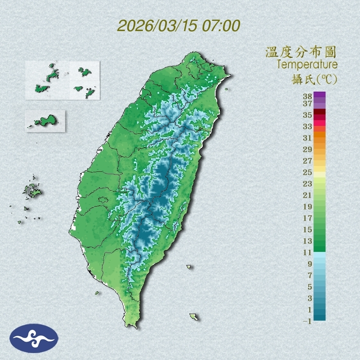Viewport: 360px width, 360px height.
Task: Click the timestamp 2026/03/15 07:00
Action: (178, 26)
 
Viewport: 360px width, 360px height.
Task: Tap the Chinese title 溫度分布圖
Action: (301, 52)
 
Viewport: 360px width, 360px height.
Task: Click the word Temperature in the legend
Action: (307, 65)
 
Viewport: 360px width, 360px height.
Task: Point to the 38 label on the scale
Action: (308, 97)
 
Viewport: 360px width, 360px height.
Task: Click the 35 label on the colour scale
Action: (308, 115)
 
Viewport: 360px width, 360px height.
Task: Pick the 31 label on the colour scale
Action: (308, 137)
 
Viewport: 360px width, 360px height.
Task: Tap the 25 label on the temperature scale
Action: (308, 172)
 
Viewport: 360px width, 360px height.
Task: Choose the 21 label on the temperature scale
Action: (308, 195)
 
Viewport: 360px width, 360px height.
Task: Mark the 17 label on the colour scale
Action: (308, 218)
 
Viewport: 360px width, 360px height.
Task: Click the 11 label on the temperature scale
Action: (308, 253)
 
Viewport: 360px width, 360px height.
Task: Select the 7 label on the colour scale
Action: (310, 275)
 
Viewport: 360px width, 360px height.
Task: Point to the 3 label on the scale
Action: (310, 298)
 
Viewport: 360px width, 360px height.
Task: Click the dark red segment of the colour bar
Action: (319, 112)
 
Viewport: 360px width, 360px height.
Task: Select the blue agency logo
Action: (34, 338)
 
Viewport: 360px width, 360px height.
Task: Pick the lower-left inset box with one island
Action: (45, 121)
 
